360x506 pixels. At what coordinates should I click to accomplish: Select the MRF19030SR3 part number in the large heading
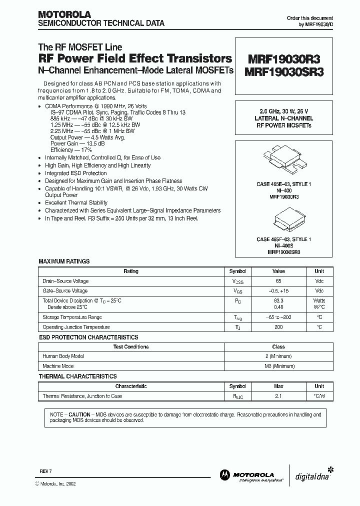coord(284,72)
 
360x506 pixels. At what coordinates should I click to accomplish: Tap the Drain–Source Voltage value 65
coord(278,281)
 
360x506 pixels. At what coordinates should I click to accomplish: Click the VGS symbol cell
coord(237,291)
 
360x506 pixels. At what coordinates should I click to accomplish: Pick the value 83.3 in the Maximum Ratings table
coord(278,300)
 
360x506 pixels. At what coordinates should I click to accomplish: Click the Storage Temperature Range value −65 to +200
coord(278,317)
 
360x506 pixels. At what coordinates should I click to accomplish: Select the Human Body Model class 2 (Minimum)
coord(278,356)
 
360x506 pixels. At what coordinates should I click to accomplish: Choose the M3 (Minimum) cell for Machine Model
coord(278,366)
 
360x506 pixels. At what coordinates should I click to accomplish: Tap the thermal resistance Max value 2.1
coord(278,396)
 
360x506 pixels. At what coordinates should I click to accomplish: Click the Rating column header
coord(131,271)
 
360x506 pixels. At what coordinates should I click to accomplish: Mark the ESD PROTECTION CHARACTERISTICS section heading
coord(88,337)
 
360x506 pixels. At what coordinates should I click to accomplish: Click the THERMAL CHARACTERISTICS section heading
coord(78,376)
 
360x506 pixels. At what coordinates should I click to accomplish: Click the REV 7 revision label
coord(45,471)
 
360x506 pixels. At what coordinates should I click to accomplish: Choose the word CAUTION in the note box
coord(79,415)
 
